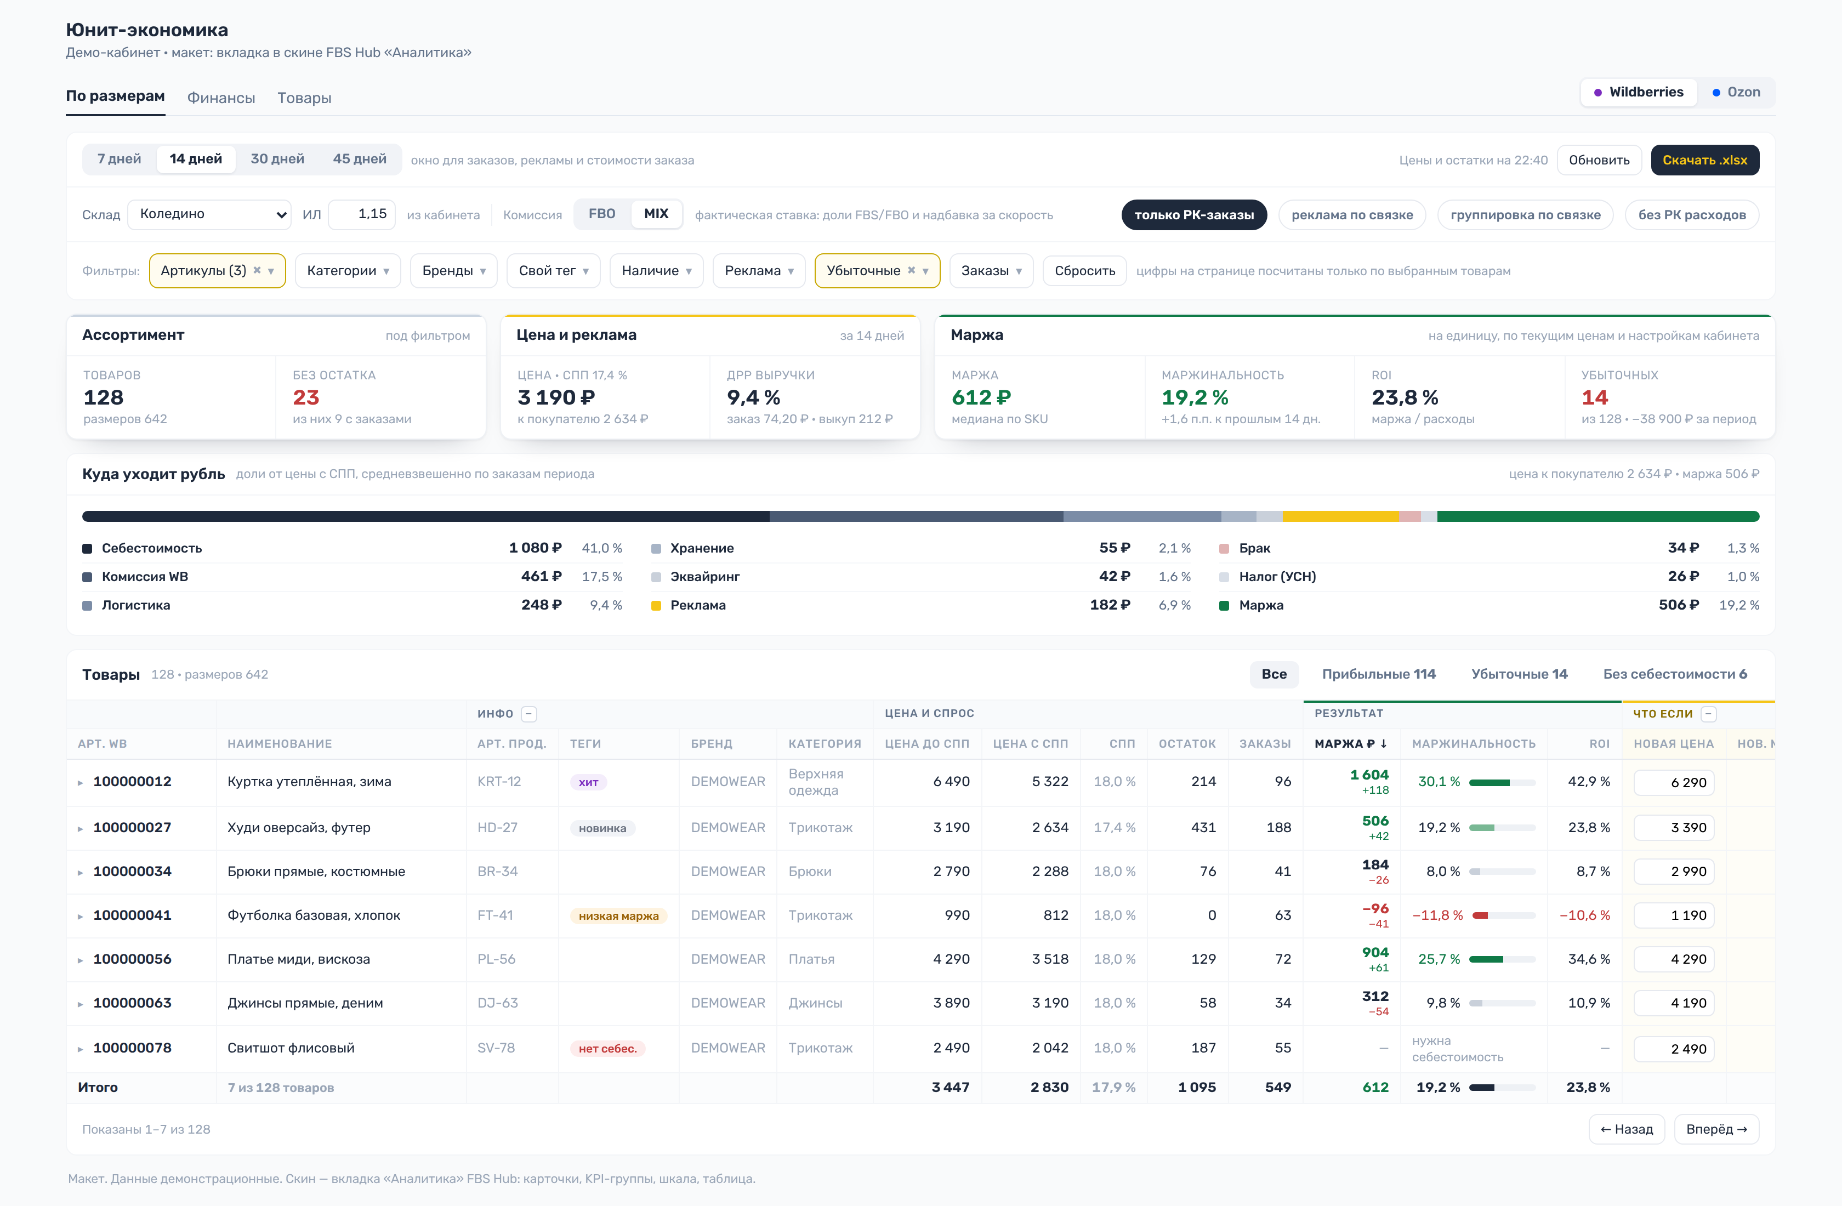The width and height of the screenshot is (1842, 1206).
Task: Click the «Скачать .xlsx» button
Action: pyautogui.click(x=1704, y=160)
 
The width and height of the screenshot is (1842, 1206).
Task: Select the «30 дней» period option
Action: pyautogui.click(x=277, y=158)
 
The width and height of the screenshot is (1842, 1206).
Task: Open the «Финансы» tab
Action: pyautogui.click(x=221, y=98)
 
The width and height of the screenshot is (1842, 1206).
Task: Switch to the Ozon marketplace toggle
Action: pyautogui.click(x=1736, y=92)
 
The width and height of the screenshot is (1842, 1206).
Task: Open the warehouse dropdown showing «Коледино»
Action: pyautogui.click(x=209, y=214)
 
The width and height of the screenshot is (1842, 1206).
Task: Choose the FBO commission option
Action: pyautogui.click(x=602, y=214)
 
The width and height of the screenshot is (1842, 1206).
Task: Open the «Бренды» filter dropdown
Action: pyautogui.click(x=453, y=271)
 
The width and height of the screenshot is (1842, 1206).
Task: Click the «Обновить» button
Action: pyautogui.click(x=1599, y=160)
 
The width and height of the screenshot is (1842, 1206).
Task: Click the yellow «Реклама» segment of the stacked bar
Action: pyautogui.click(x=1340, y=516)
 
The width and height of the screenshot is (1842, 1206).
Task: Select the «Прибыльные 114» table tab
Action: pyautogui.click(x=1378, y=674)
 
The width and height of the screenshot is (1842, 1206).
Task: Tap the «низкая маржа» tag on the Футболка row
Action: pyautogui.click(x=618, y=915)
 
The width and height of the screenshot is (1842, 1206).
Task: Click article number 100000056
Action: pyautogui.click(x=132, y=959)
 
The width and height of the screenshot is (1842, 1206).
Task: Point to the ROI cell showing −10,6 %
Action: pyautogui.click(x=1584, y=915)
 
